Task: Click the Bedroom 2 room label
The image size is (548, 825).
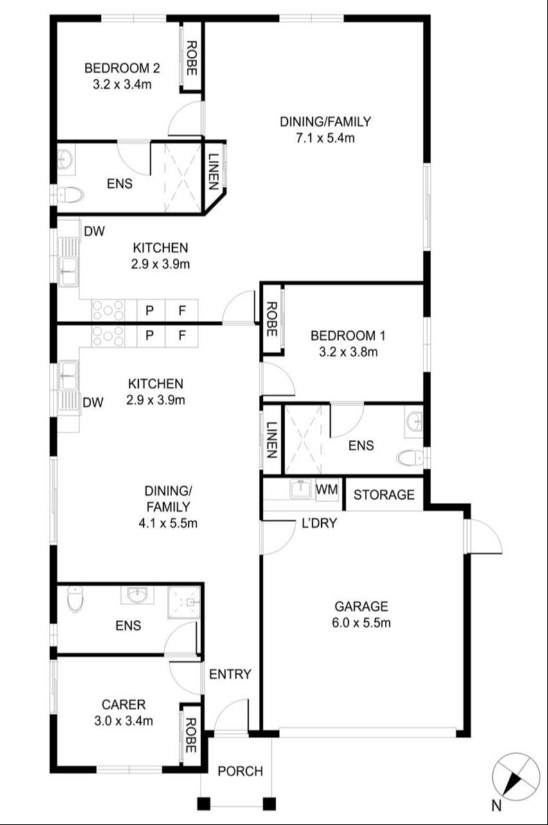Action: pos(122,68)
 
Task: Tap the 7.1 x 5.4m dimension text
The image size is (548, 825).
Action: pos(325,138)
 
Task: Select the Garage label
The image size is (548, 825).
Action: pos(361,606)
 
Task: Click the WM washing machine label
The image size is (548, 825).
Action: pos(327,489)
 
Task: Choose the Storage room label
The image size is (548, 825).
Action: pos(384,494)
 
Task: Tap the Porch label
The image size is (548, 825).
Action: pos(240,771)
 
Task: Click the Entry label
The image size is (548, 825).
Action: pos(230,674)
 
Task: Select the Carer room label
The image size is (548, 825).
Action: pos(123,705)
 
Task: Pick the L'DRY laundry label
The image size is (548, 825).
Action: pos(319,523)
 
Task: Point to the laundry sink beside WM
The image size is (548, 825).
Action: pos(301,488)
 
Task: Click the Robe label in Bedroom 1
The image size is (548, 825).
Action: pos(271,319)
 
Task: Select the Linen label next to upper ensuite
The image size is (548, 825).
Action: pos(213,171)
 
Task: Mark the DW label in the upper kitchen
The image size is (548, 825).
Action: pos(94,231)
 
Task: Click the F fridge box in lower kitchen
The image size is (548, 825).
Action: pos(182,336)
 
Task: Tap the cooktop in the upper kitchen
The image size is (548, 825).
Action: pos(108,310)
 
